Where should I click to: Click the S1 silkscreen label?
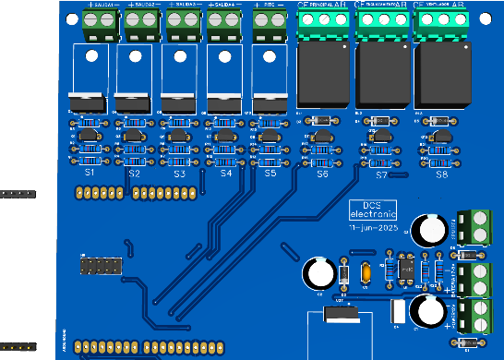[x=90, y=173]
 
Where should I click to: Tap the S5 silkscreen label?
[x=270, y=173]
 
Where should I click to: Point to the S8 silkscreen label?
[x=441, y=174]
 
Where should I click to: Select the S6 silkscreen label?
[x=322, y=174]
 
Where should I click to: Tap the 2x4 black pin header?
[x=100, y=266]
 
